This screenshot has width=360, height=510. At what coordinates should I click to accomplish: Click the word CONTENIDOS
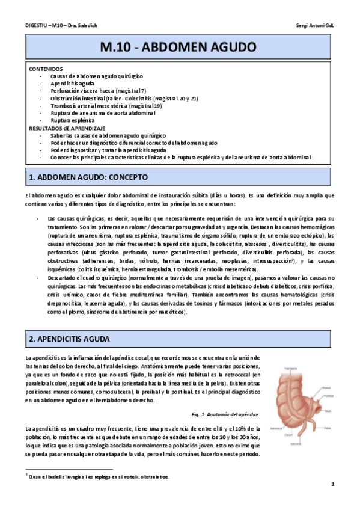pos(46,69)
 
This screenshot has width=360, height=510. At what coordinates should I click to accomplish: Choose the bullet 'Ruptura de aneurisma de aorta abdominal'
pos(103,112)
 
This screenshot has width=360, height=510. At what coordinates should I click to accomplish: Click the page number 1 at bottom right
pos(332,484)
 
